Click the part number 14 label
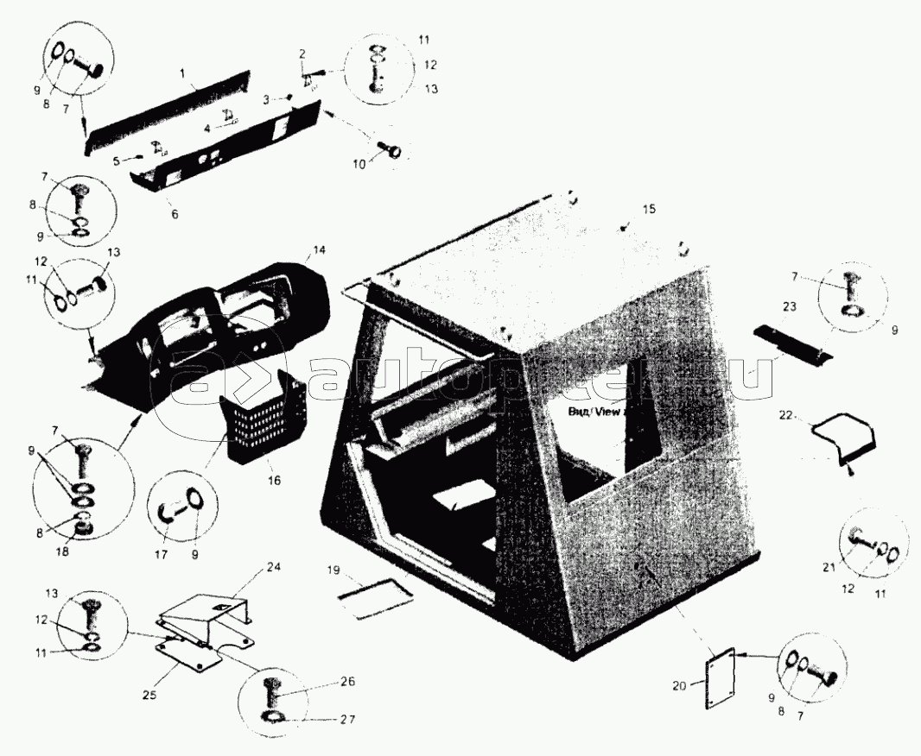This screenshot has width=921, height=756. coord(319,249)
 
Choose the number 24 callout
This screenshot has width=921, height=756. coord(274,567)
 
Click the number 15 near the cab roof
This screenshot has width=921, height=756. coord(649,210)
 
